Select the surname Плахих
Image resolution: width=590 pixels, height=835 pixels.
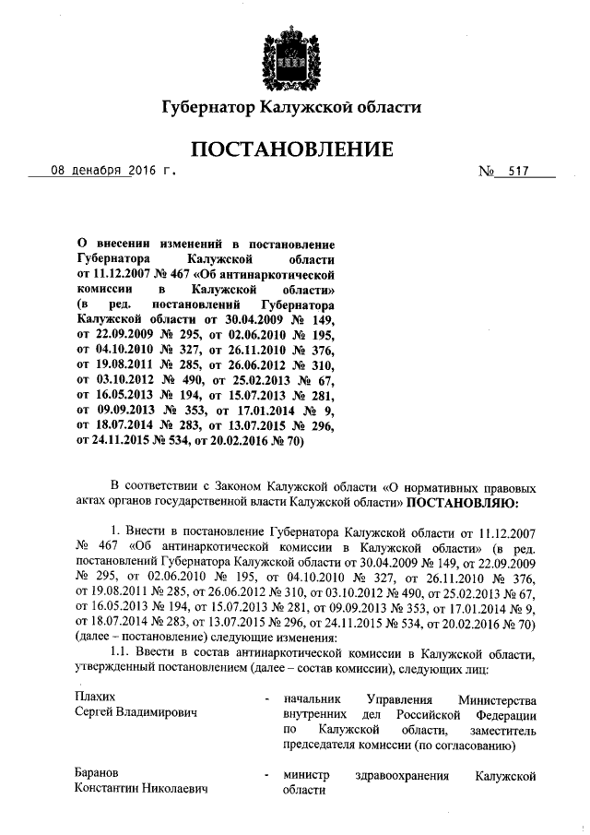click(96, 697)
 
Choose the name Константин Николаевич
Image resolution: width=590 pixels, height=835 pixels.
click(141, 791)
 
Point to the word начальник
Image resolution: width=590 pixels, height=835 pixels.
click(312, 698)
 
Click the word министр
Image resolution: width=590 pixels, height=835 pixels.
click(307, 776)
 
